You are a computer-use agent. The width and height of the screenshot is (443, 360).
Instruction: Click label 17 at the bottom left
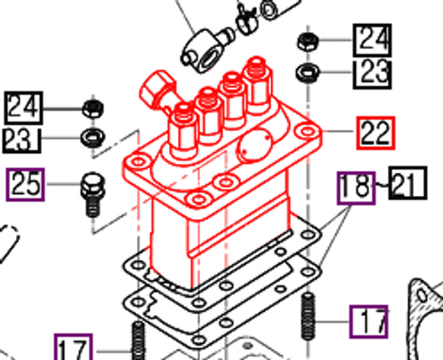point(74,347)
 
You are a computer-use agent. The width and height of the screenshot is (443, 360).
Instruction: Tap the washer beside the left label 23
point(90,137)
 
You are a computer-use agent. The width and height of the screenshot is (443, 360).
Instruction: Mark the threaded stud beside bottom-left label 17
point(138,341)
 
